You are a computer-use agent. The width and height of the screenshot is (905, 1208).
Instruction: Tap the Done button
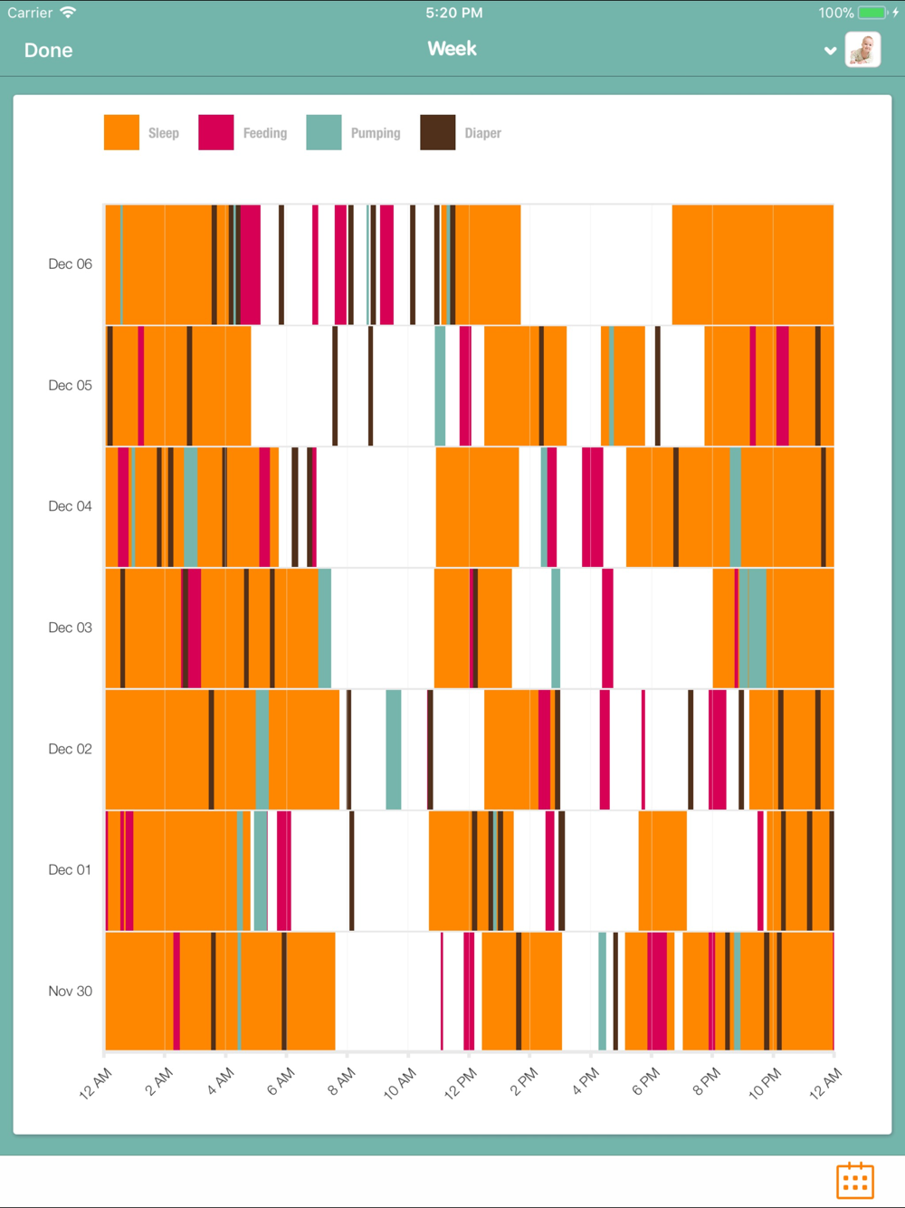(48, 51)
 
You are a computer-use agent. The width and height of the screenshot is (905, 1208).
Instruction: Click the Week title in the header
(452, 49)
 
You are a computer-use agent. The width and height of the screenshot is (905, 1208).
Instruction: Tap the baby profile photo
(862, 50)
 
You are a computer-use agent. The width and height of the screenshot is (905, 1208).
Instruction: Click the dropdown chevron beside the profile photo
(830, 51)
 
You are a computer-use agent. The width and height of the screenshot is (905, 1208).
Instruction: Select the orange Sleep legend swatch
(121, 132)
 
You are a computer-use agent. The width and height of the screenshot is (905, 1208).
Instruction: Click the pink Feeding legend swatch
(215, 132)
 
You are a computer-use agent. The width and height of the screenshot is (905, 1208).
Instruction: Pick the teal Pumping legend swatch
(323, 132)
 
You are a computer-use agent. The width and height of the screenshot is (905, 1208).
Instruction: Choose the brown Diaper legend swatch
(437, 132)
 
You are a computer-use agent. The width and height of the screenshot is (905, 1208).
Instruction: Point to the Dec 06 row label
(70, 264)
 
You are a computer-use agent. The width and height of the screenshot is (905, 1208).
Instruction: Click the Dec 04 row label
(70, 506)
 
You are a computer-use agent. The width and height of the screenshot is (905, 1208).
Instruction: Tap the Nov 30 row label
(70, 992)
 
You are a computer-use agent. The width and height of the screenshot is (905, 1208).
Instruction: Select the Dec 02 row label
(70, 749)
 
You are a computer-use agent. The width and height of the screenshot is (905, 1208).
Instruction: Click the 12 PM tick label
(461, 1083)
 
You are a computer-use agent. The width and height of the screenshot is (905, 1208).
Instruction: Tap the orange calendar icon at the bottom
(854, 1181)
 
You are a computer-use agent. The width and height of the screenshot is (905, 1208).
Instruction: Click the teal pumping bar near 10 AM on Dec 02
(394, 749)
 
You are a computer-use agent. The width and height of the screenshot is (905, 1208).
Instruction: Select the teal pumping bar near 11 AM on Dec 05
(440, 386)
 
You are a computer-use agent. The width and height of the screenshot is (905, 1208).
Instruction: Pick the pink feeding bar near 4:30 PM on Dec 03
(607, 628)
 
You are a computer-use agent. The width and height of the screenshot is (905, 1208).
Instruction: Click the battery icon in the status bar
(872, 13)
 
